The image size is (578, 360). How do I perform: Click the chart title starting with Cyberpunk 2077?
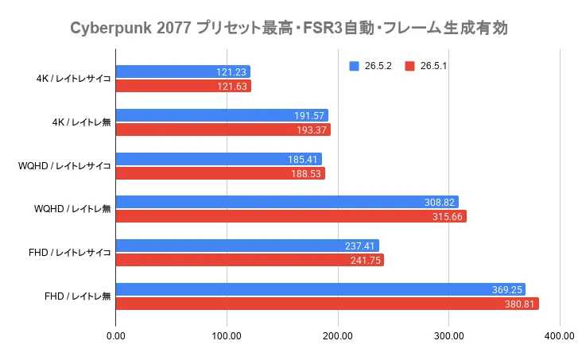[x=289, y=28]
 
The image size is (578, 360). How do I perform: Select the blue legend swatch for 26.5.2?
[x=354, y=66]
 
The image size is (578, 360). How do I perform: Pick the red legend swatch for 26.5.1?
[x=409, y=66]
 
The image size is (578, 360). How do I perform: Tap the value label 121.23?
[x=231, y=72]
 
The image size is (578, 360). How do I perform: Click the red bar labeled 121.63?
[x=183, y=86]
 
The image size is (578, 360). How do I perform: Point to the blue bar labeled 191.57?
[x=222, y=115]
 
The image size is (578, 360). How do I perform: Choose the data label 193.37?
[x=312, y=130]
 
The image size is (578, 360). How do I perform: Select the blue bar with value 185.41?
[x=219, y=159]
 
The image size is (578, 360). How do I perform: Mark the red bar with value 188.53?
[x=220, y=173]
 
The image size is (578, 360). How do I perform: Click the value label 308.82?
[x=440, y=203]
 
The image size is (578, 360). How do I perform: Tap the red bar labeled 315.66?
[x=291, y=216]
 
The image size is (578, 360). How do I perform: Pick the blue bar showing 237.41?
[x=247, y=246]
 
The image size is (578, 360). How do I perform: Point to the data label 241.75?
[x=366, y=261]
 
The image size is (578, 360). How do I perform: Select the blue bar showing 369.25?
[x=320, y=289]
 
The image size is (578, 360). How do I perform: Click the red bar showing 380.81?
[x=328, y=304]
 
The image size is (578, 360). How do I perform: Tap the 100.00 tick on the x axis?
[x=227, y=336]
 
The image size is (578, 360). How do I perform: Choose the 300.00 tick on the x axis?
[x=449, y=336]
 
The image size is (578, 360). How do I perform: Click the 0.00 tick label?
[x=116, y=336]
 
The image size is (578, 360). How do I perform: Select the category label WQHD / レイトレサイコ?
[x=64, y=166]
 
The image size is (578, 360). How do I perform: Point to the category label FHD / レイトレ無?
[x=78, y=296]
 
